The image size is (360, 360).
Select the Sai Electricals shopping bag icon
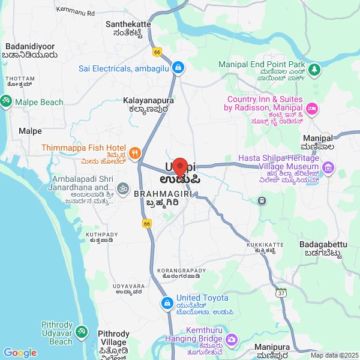click(178, 68)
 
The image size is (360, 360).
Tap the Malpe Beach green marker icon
click(6, 102)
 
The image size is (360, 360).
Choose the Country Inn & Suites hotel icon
click(312, 109)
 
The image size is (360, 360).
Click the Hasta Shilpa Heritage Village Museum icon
click(328, 167)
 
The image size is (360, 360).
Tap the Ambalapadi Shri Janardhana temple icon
click(122, 189)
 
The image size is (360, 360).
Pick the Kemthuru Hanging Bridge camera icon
click(232, 340)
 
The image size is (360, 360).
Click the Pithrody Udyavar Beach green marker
click(82, 332)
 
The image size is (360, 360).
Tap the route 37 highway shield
click(281, 293)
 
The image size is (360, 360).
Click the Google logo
click(20, 353)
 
